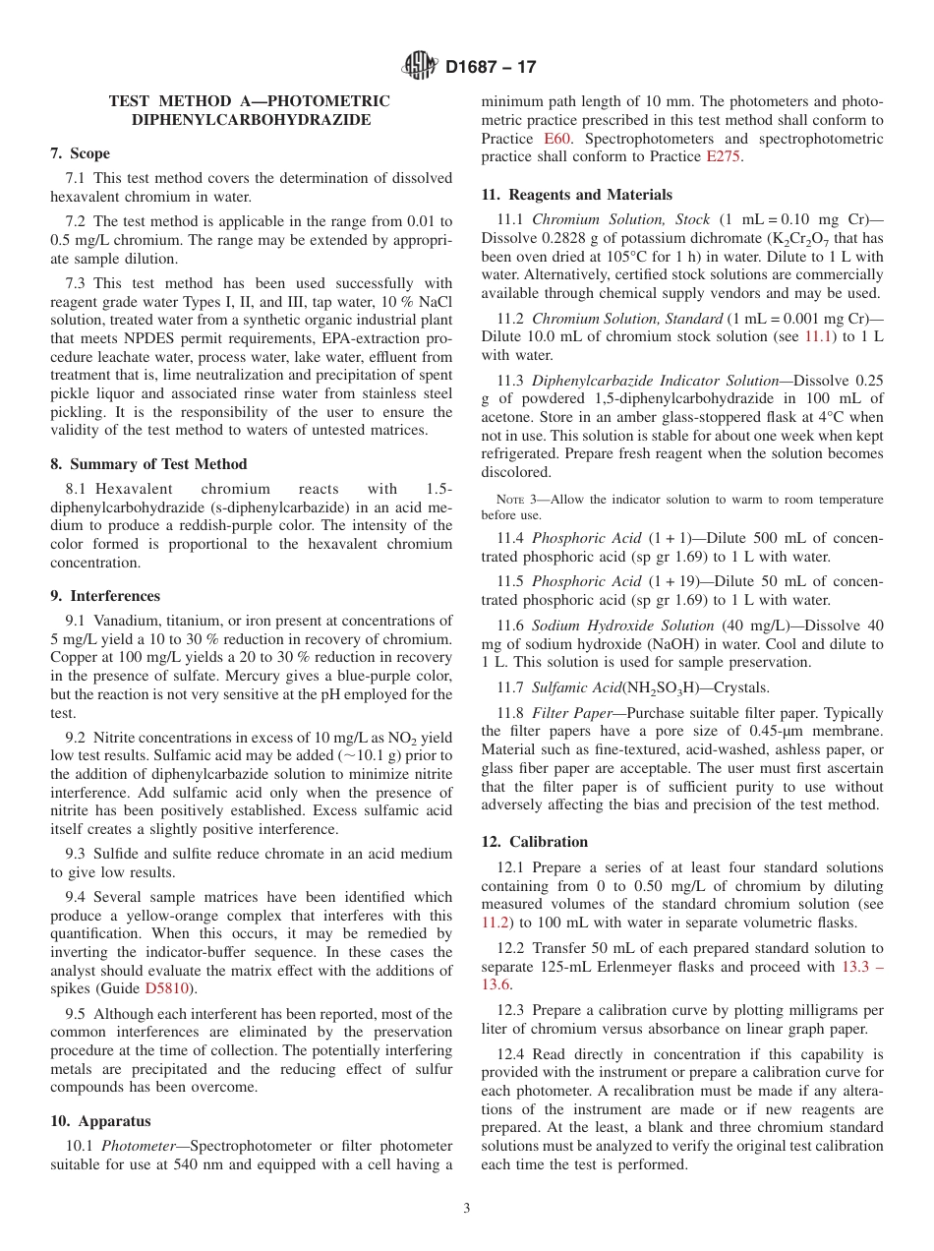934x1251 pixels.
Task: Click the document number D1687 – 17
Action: pos(491,68)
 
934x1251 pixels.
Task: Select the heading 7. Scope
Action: pos(81,153)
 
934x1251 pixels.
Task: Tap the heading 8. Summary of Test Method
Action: pos(148,464)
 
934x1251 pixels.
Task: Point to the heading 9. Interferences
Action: pos(105,596)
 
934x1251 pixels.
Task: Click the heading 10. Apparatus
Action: pos(100,1121)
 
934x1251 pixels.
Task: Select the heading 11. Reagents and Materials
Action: pos(577,195)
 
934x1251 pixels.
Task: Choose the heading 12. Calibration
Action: pos(535,842)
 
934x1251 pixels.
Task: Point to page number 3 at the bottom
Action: pos(467,1209)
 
